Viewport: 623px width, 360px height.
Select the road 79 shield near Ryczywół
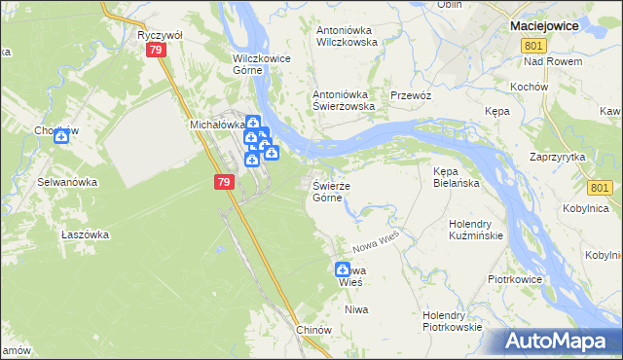pos(155,56)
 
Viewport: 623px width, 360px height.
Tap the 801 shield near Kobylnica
pos(601,188)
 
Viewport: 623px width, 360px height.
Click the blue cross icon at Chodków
pos(61,136)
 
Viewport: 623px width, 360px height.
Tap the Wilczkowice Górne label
pos(262,64)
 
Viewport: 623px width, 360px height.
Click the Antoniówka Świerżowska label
pos(343,100)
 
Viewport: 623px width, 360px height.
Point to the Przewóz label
pos(410,95)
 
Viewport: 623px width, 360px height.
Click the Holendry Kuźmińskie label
pos(475,230)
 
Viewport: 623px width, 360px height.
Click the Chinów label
pos(314,330)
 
